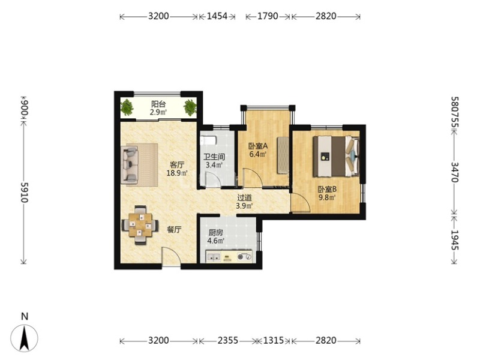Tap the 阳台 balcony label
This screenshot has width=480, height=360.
[x=158, y=104]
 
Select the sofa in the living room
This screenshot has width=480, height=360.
[x=130, y=164]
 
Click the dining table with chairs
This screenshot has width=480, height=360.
[x=140, y=225]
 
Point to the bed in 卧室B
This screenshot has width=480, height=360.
[x=336, y=157]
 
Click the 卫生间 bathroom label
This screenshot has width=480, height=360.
[x=214, y=157]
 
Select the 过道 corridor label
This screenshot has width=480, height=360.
[x=244, y=198]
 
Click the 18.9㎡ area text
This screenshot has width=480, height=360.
[x=177, y=173]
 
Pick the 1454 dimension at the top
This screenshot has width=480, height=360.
[x=217, y=16]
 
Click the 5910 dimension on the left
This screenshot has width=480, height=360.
[x=25, y=192]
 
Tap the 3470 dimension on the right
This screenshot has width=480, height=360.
[x=455, y=172]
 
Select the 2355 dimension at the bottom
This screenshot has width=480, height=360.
[x=228, y=340]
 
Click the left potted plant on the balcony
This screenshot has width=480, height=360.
[x=127, y=107]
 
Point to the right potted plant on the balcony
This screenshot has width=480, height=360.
[x=190, y=107]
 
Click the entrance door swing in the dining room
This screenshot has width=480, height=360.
[x=171, y=257]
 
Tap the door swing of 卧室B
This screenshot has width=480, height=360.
[x=301, y=203]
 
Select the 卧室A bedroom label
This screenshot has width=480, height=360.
[x=258, y=146]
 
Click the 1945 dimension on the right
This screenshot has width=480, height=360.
[x=455, y=240]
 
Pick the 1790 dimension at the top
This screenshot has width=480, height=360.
[x=268, y=16]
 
